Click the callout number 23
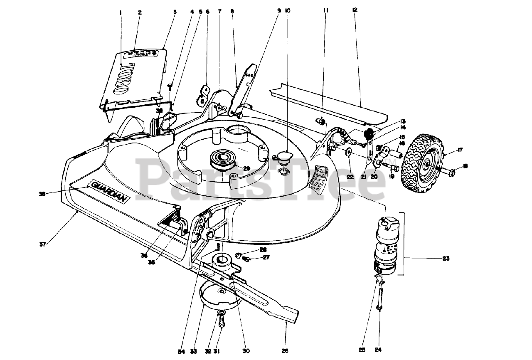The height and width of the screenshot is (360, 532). pos(445,259)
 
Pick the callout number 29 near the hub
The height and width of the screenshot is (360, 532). pos(246,168)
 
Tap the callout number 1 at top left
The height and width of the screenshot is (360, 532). pos(121,12)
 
